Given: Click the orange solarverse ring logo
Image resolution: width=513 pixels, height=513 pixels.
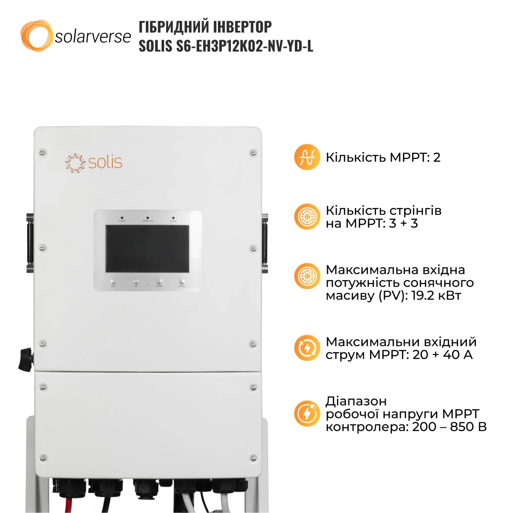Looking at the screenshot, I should [x=36, y=36].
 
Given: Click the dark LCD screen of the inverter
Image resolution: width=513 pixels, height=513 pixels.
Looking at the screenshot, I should [x=147, y=248].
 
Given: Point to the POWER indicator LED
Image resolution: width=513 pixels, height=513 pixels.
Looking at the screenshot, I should [x=122, y=218].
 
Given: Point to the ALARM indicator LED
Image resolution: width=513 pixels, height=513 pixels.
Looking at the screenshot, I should [x=173, y=218].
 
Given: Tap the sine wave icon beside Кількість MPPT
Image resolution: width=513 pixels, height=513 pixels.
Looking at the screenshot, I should [x=307, y=157].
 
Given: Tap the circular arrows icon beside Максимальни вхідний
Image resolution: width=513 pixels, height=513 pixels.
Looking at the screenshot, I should [x=307, y=348].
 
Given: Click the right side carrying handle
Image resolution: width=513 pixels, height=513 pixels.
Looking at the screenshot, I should [x=265, y=243].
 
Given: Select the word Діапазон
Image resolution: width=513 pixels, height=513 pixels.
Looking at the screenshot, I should [x=356, y=401].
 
